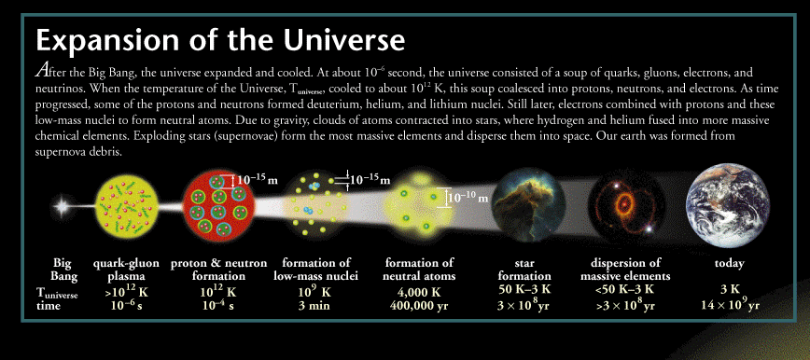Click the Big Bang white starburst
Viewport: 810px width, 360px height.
coord(62,208)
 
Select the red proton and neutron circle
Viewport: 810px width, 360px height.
coord(219,205)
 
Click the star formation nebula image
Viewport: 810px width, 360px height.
coord(527,205)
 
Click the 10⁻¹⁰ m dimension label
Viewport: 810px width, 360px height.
coord(468,198)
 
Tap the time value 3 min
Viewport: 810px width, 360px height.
coord(315,306)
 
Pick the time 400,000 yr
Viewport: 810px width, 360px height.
coord(418,306)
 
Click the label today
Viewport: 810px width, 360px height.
coord(729,263)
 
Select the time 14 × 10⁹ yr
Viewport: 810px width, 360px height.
coord(730,304)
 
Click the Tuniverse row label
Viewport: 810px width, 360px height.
coord(57,293)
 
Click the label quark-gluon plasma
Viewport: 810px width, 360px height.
coord(126,270)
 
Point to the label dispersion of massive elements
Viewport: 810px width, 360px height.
coord(625,270)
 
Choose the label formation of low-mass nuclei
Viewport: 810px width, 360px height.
coord(315,270)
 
